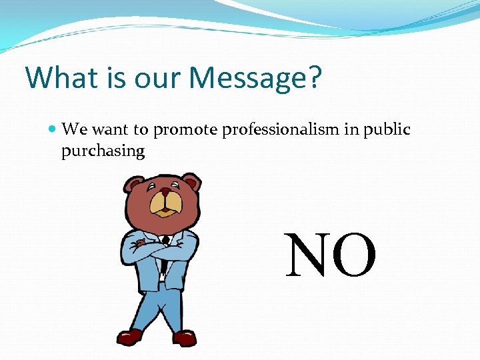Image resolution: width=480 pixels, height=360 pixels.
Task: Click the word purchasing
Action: coord(103,151)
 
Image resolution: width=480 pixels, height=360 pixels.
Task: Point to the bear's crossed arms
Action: coord(160,248)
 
